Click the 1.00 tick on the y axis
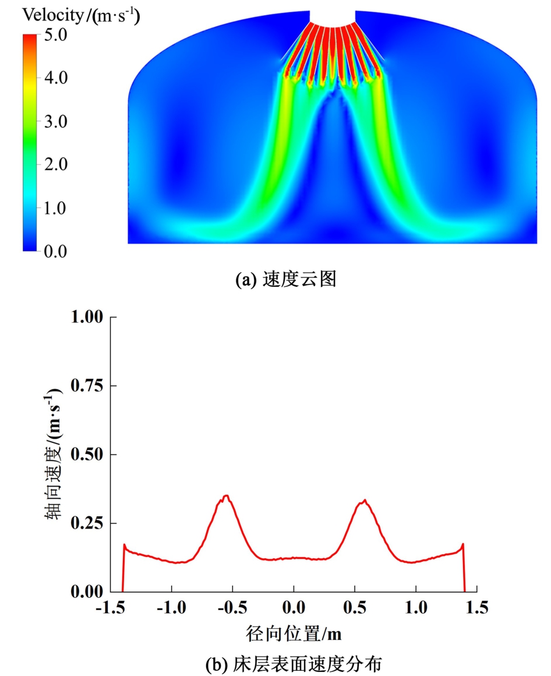86,318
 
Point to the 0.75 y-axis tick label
86,386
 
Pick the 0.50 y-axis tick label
86,455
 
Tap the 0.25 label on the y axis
86,523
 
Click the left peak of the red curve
226,496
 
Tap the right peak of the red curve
364,500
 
